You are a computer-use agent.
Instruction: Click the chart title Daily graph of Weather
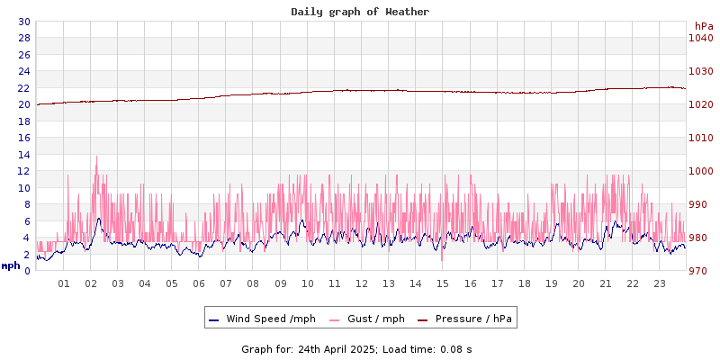(x=360, y=12)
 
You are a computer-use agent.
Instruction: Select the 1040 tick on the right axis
(x=700, y=38)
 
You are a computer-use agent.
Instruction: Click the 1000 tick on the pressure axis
(x=700, y=171)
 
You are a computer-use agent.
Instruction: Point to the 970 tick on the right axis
(x=700, y=271)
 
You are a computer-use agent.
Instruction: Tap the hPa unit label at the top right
(x=703, y=26)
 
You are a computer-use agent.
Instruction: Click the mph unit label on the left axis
(x=11, y=265)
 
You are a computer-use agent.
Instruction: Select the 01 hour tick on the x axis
(x=64, y=283)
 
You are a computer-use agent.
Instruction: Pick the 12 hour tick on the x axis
(x=362, y=283)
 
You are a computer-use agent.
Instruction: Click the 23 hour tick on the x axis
(x=660, y=283)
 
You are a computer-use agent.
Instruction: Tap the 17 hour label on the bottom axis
(x=497, y=283)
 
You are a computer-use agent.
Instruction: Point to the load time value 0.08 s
(x=456, y=348)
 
